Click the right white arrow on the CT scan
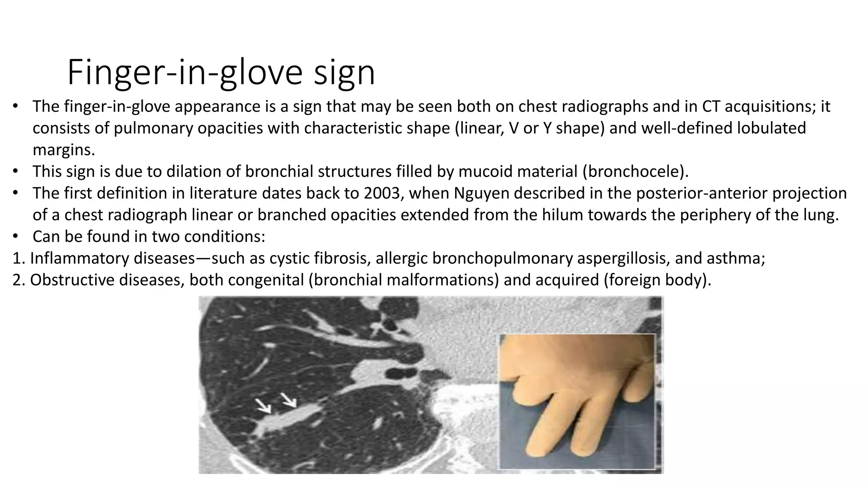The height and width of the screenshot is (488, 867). tap(289, 399)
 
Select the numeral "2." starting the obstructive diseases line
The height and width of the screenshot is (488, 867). tap(19, 280)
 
